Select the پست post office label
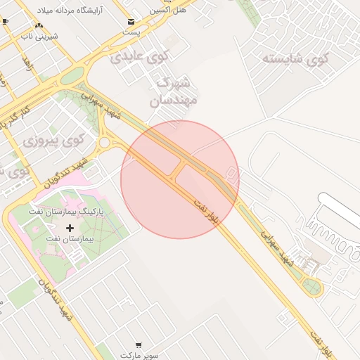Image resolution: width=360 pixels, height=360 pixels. point(131,32)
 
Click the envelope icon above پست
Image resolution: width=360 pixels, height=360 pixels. point(131,21)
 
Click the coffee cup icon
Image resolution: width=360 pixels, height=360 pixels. point(6,22)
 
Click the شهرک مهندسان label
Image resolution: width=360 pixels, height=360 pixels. point(173,91)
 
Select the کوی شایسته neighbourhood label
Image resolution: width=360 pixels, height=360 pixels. point(295,58)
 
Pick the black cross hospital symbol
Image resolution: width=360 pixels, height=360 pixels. point(70,229)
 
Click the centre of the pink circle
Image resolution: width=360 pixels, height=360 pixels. point(180,179)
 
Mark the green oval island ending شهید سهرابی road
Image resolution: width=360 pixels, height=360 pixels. point(311,285)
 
